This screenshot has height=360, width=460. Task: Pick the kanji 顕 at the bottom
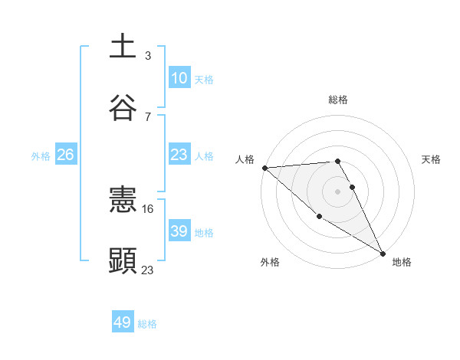coord(123,260)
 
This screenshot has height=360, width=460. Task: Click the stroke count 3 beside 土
coord(147,56)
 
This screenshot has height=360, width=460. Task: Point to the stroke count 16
coord(149,208)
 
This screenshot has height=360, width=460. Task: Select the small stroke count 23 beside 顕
coord(148,269)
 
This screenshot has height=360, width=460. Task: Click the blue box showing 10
coord(179,78)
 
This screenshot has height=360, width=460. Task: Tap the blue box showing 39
coord(179,231)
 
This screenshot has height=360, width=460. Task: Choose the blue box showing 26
coord(65,155)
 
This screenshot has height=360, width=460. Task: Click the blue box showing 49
coord(123,322)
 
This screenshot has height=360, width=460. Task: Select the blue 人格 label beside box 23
coord(204,155)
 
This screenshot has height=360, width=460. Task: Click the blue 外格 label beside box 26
coord(41,155)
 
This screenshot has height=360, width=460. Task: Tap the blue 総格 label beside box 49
coord(147,324)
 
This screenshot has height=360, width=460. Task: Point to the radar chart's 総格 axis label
coord(338,100)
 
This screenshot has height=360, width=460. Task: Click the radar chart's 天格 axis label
coord(432,159)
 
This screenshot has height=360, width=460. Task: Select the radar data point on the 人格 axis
coord(264,168)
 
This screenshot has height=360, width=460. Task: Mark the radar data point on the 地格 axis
coord(383,253)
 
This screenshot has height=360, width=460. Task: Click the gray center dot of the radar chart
coord(338,191)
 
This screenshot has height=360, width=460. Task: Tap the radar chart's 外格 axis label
coord(270,262)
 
